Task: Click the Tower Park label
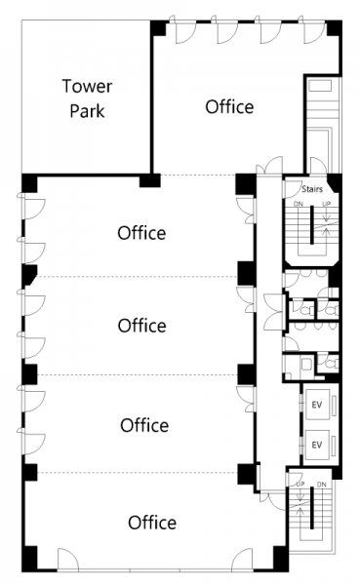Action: coord(87,98)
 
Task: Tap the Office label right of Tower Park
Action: coord(229,106)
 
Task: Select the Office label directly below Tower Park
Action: coord(141,233)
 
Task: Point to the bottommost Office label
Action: coord(152,523)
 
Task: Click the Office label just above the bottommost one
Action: coord(144,425)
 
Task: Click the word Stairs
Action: coord(312,189)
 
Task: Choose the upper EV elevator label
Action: coord(317,405)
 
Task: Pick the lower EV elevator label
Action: coord(317,445)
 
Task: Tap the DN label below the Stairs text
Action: coord(299,204)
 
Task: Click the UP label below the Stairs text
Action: coord(327,204)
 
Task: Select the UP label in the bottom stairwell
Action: coord(300,484)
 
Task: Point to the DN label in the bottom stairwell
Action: coord(322,484)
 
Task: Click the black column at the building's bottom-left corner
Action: coord(29,559)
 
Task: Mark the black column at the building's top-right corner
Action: coord(335,28)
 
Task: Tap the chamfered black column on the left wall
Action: coord(29,275)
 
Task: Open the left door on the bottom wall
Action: coord(68,559)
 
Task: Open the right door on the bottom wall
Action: coord(242,559)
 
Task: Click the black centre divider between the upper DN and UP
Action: coord(312,224)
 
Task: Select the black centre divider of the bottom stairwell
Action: coord(311,507)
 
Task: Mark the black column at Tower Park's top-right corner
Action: coord(158,28)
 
